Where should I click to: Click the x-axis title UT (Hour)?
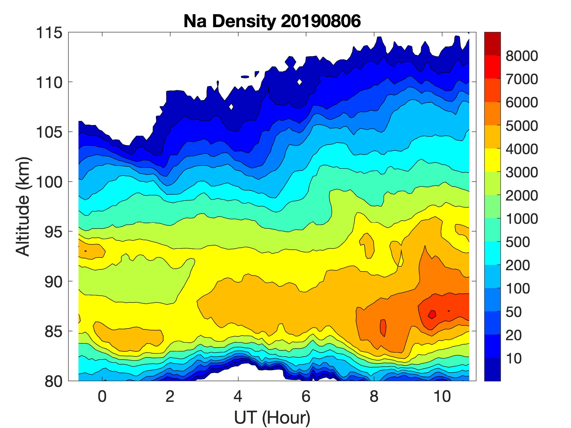click(272, 417)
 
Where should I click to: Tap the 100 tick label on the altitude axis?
click(49, 182)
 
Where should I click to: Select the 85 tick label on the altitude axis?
click(54, 331)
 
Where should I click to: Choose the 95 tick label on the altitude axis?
click(54, 232)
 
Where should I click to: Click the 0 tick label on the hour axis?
click(102, 396)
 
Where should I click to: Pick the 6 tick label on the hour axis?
click(306, 396)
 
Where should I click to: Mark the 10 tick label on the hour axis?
click(442, 396)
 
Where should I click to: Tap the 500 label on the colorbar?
click(518, 242)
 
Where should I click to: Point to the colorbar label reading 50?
click(514, 312)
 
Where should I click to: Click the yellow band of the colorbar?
click(492, 160)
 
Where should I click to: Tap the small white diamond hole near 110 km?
click(299, 82)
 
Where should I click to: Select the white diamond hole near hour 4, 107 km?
click(231, 107)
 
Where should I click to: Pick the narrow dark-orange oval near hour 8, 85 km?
click(383, 328)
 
